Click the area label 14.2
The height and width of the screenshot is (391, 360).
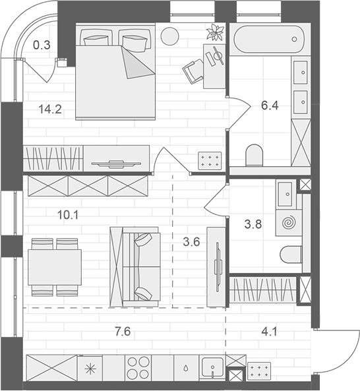coord(50,109)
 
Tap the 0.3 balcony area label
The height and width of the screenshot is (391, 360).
coord(42,45)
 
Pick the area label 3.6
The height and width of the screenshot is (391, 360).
coord(191,241)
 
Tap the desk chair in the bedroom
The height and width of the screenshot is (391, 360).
coord(193,68)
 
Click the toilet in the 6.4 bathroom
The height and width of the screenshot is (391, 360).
coord(253,156)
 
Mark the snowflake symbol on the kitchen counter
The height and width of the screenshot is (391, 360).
coord(88,368)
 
